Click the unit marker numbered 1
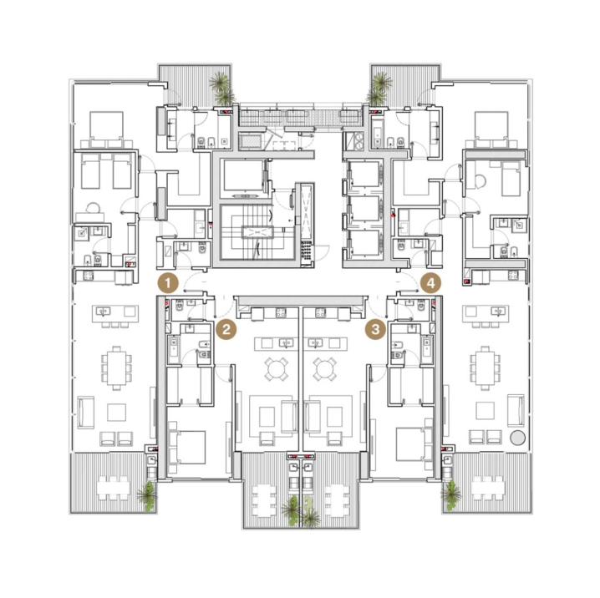tap(168, 284)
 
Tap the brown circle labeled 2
tap(226, 329)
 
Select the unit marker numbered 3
tap(375, 329)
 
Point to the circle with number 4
tap(431, 284)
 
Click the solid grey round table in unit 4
tap(517, 438)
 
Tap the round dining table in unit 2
tap(277, 370)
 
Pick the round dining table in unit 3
tap(324, 370)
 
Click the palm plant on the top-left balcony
tap(222, 89)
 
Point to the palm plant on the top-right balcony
tap(379, 89)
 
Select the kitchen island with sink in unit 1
tap(115, 313)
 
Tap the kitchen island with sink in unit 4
tap(486, 313)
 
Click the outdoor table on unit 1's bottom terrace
tap(113, 488)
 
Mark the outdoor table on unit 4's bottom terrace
tap(487, 488)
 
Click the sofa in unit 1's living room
tap(86, 413)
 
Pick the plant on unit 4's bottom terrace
tap(451, 495)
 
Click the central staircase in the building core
tap(257, 231)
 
